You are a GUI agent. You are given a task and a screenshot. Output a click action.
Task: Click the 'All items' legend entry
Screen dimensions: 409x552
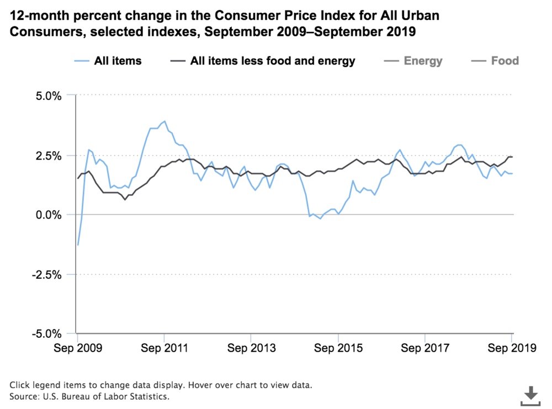108,61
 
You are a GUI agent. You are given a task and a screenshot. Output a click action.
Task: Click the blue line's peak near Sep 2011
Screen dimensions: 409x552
164,121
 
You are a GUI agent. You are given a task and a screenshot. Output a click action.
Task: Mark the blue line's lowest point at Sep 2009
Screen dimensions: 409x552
78,245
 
